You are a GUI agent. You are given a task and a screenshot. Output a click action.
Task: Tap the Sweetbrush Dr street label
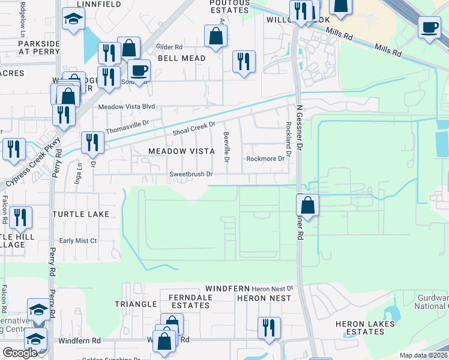(191, 175)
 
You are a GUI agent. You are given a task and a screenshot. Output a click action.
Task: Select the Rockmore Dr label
(265, 159)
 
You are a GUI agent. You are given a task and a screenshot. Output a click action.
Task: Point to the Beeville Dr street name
(227, 147)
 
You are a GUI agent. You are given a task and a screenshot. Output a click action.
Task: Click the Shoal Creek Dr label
(193, 128)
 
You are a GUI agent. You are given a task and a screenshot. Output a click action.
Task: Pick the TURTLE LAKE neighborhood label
(80, 214)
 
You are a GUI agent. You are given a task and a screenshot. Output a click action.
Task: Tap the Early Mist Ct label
(77, 241)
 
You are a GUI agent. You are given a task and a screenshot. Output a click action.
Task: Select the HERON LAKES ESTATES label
(365, 328)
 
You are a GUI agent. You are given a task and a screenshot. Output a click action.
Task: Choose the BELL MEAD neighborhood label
(181, 58)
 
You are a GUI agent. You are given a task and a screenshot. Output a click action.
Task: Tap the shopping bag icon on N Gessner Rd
(307, 205)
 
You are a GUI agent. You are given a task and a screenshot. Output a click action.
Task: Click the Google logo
(20, 353)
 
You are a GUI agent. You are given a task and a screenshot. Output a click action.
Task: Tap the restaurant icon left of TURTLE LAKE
(21, 218)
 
